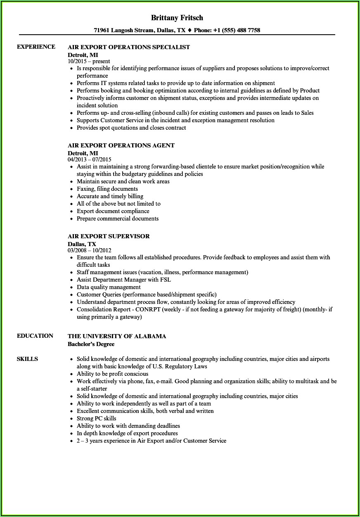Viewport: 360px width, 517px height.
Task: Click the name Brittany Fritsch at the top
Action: tap(177, 18)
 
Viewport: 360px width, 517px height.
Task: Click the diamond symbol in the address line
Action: tap(189, 30)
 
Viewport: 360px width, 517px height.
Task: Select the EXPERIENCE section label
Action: tap(36, 47)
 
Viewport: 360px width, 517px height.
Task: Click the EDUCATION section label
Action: tap(35, 336)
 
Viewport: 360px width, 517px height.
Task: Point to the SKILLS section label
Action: tap(27, 359)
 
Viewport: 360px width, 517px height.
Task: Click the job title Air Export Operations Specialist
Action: tap(129, 47)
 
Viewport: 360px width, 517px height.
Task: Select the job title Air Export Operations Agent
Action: tap(121, 145)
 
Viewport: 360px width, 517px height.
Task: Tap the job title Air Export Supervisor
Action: tap(109, 236)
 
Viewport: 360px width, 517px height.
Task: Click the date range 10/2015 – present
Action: tap(89, 61)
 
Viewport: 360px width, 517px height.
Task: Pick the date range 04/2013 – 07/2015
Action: tap(90, 159)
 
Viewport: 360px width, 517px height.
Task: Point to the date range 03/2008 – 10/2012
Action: tap(90, 250)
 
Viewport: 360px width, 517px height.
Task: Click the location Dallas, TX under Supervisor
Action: tap(82, 244)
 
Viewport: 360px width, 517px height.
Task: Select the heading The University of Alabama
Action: tap(117, 336)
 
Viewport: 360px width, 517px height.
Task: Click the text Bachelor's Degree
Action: tap(91, 344)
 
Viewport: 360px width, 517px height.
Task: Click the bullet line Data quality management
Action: tap(109, 287)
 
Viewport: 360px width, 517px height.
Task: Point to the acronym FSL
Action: tap(165, 280)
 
